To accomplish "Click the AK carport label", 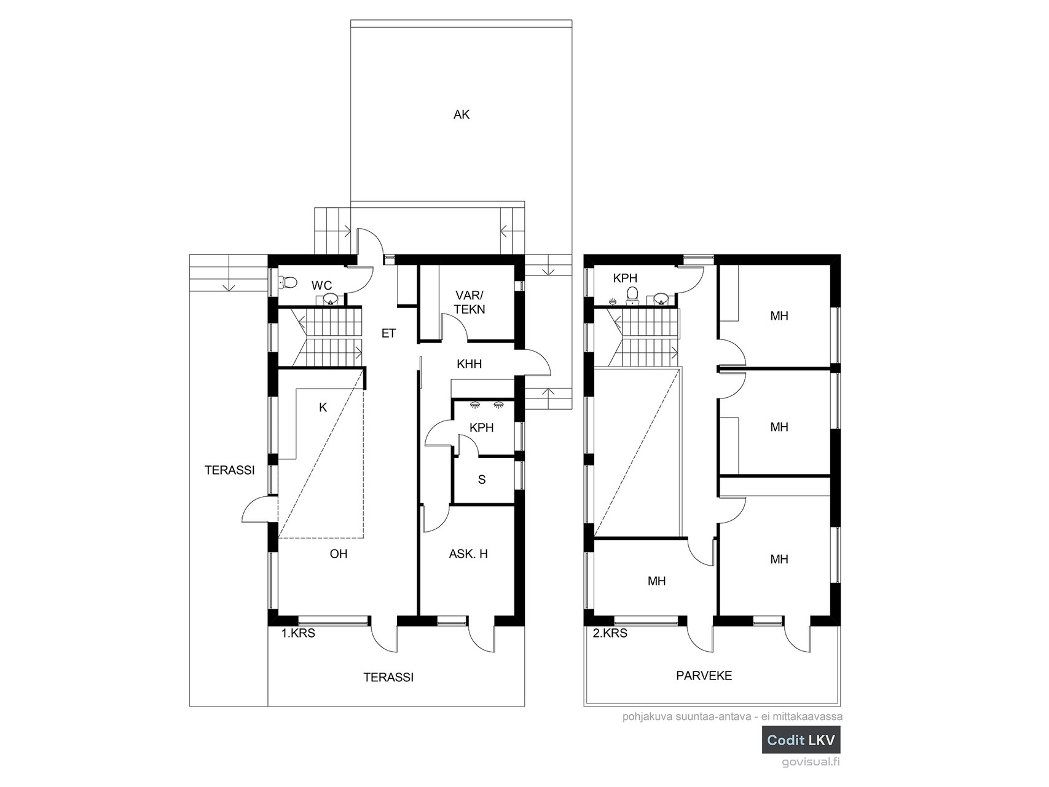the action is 461,114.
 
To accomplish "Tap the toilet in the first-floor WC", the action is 288,283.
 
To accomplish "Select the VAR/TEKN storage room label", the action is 470,302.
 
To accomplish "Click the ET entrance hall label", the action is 388,333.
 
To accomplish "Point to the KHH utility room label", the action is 469,364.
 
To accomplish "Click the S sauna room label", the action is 482,480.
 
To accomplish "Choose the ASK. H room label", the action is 468,554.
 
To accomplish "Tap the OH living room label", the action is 339,554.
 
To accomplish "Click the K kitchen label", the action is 323,407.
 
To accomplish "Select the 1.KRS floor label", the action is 298,633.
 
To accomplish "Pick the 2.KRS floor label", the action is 610,633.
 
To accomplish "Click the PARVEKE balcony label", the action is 704,676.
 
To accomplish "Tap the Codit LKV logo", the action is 801,740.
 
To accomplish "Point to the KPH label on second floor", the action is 626,279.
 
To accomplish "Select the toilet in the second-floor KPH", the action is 632,296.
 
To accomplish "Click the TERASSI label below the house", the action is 388,678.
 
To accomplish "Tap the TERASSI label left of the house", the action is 229,470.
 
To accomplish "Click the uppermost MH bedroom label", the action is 779,316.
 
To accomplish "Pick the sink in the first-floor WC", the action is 331,299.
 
